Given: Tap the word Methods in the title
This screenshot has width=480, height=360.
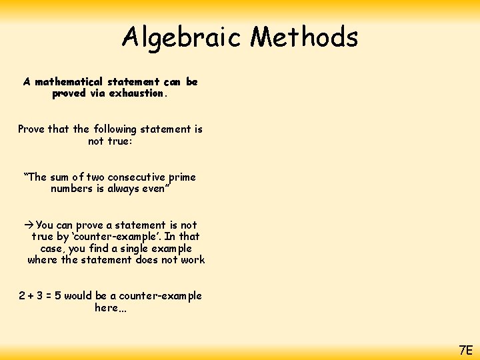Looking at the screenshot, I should tap(305, 37).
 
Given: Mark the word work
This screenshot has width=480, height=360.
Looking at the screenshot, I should tap(193, 260).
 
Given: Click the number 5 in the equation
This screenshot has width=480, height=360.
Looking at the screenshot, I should tap(58, 296).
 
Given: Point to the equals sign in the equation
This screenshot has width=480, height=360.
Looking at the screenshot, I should tap(49, 296).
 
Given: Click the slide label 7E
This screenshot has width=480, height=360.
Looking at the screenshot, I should tap(465, 349).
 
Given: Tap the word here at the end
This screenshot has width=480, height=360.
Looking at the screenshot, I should tap(107, 308).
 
